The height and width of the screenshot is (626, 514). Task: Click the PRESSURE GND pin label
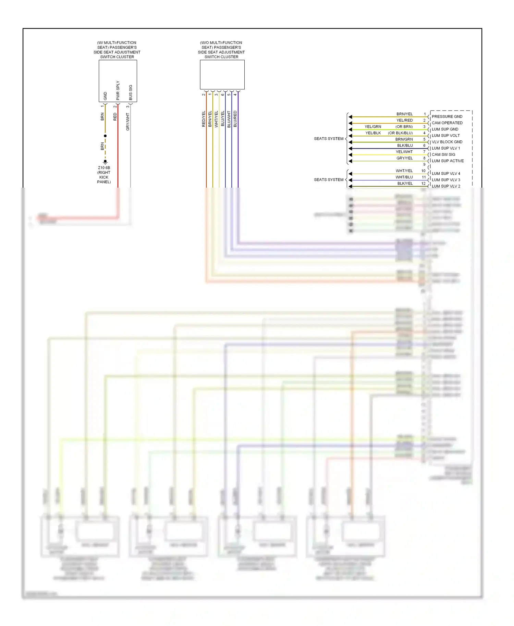click(x=447, y=117)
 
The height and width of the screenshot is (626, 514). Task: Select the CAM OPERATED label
click(x=447, y=123)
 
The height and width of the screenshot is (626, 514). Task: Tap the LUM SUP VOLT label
click(x=445, y=136)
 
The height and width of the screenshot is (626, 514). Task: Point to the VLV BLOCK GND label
click(x=447, y=142)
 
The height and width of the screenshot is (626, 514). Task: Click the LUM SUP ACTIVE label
click(x=448, y=161)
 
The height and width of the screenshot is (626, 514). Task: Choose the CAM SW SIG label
click(x=443, y=154)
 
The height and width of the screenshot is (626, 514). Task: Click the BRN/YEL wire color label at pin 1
click(x=404, y=114)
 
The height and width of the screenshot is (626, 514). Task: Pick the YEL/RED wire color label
click(x=404, y=121)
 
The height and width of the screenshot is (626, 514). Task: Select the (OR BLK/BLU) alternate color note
click(x=400, y=133)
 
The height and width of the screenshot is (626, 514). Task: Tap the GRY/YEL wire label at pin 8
click(x=404, y=158)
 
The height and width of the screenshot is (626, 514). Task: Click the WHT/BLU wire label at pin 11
click(x=404, y=177)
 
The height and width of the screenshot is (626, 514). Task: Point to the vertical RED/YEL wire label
click(x=204, y=119)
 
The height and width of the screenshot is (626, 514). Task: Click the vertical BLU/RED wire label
click(x=235, y=119)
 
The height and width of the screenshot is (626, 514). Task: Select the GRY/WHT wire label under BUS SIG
click(x=128, y=122)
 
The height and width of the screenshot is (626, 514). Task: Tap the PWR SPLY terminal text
click(x=118, y=90)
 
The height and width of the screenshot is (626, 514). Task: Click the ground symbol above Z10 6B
click(x=105, y=162)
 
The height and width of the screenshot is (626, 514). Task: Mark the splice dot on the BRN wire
click(x=105, y=136)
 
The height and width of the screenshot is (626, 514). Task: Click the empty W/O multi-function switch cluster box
click(x=222, y=75)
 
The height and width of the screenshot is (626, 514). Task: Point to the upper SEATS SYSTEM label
click(x=329, y=139)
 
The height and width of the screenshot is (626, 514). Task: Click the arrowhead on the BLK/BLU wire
click(x=350, y=149)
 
